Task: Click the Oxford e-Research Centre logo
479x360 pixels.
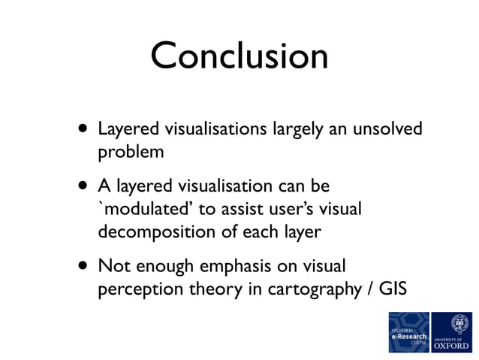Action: pos(408,331)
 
